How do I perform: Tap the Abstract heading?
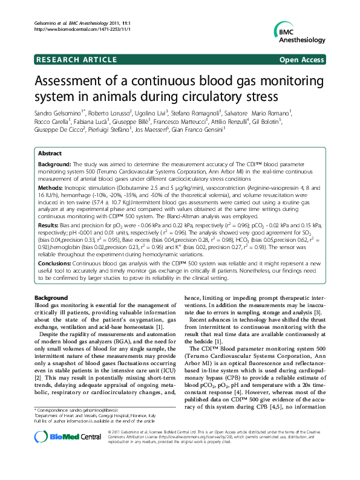(x=50, y=154)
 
